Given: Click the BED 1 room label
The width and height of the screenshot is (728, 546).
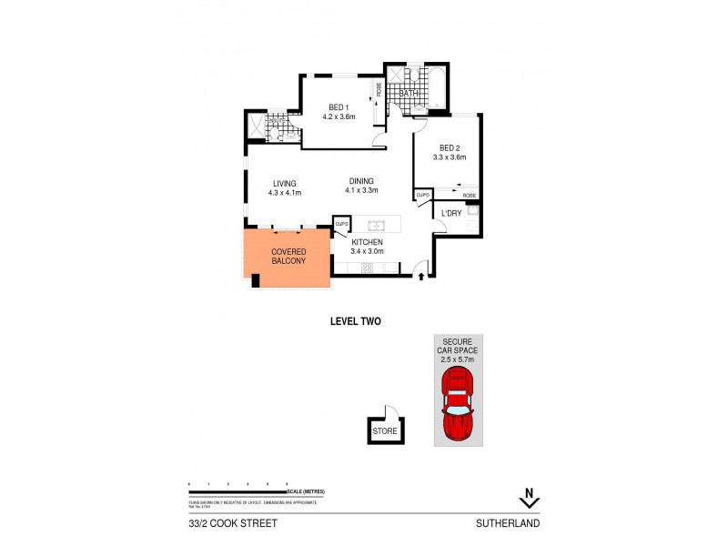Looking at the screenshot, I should click(x=338, y=106).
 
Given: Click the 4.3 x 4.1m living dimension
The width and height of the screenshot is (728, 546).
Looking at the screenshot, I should click(x=285, y=193).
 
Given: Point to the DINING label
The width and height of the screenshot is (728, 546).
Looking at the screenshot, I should click(x=360, y=180).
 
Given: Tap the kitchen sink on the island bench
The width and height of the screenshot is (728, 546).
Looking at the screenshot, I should click(x=377, y=225).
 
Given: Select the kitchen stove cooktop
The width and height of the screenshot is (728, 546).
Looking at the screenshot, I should click(x=369, y=267).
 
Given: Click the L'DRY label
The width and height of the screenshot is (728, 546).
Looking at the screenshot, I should click(x=451, y=214).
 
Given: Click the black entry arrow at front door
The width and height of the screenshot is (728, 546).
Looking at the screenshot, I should click(x=420, y=277).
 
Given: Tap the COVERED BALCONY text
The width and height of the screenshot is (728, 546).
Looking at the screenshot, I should click(x=288, y=256).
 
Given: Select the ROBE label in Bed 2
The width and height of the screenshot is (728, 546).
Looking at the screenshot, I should click(x=469, y=196).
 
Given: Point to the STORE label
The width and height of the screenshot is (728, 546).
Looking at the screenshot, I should click(x=385, y=431).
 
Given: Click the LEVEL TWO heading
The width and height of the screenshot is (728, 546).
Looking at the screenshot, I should click(x=354, y=321).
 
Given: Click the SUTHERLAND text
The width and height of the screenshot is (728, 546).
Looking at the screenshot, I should click(x=508, y=523).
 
